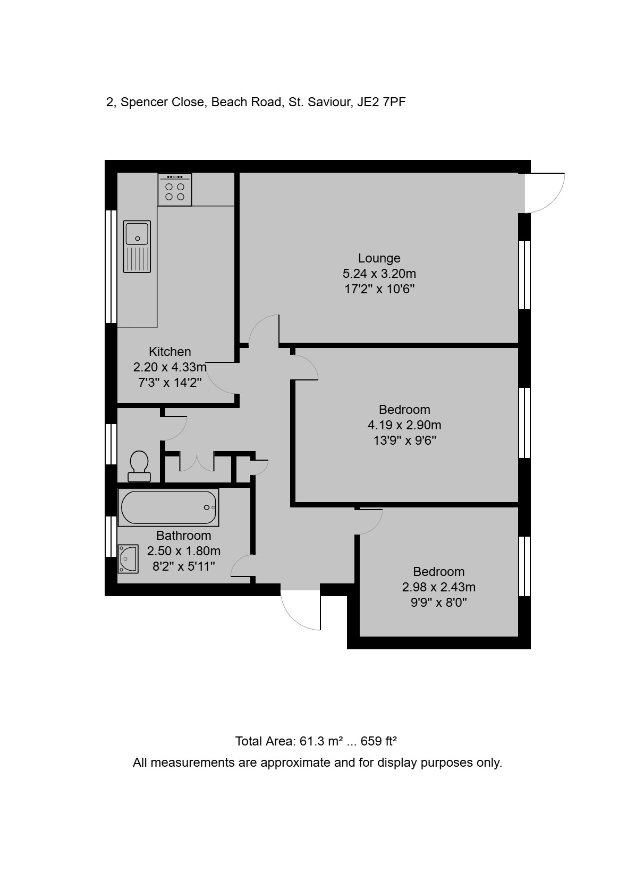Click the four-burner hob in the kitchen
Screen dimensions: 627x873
(175, 189)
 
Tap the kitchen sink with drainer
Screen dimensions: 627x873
(137, 247)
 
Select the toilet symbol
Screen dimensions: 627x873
(139, 466)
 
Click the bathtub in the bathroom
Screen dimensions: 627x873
(168, 507)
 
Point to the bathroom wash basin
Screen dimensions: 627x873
(128, 559)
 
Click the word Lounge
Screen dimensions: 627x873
(379, 258)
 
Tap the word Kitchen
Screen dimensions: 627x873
(170, 352)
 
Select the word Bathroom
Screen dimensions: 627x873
(183, 536)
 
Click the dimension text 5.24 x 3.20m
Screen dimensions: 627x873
(379, 274)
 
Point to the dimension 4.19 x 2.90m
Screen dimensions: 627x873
(404, 425)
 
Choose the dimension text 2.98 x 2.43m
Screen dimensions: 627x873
(439, 587)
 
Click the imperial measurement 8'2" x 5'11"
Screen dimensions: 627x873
(183, 566)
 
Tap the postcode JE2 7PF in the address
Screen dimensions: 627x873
(382, 102)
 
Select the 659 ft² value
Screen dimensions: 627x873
(378, 741)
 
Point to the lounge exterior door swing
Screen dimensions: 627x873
(545, 193)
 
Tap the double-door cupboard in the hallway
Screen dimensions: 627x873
(197, 462)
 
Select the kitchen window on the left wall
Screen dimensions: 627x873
(111, 267)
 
